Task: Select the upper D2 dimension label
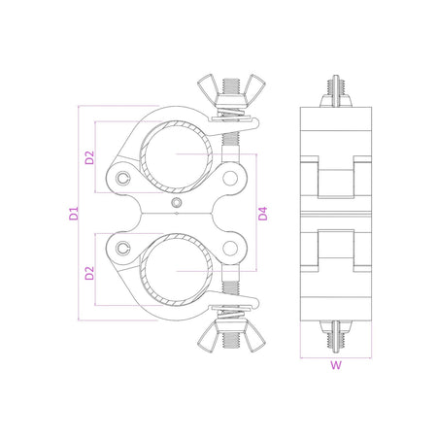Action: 89,156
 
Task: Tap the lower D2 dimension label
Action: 89,271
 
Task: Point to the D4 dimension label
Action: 262,214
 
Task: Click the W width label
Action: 335,367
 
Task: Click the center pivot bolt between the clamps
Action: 176,201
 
